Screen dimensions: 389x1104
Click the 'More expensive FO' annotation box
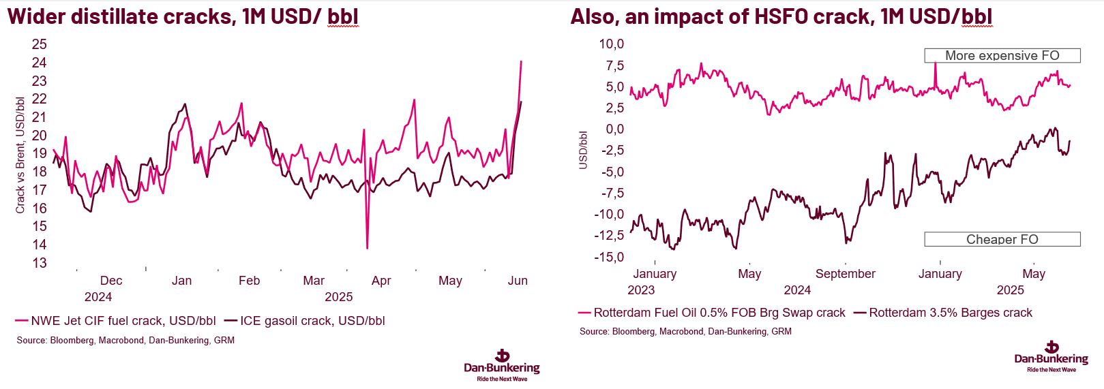pos(1002,56)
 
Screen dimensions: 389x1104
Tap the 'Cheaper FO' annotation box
pos(1002,239)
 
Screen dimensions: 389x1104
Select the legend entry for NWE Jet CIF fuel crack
pos(115,321)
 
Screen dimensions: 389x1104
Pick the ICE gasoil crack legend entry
pos(304,321)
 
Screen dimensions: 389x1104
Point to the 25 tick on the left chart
pos(40,44)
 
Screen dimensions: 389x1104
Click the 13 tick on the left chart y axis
pos(40,263)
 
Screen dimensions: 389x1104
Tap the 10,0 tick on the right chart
pos(611,44)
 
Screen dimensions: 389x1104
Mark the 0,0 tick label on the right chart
pos(614,129)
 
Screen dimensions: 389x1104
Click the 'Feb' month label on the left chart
pos(249,281)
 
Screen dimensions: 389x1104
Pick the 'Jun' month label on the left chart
pos(518,281)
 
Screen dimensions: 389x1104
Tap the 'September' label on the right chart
pos(845,274)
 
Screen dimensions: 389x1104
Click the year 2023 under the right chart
pos(641,290)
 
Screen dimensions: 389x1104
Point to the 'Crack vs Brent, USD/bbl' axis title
pos(20,155)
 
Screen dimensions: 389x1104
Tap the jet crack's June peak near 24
pos(521,61)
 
